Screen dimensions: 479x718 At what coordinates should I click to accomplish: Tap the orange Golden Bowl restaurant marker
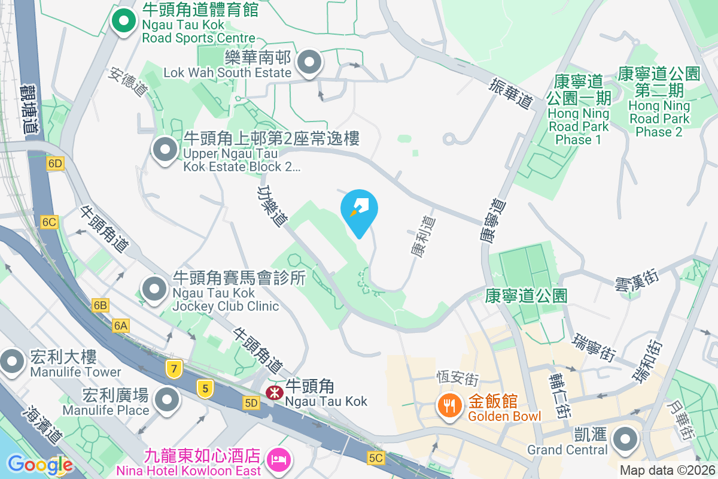click(x=448, y=405)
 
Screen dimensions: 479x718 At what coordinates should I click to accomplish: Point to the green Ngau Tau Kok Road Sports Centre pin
click(x=124, y=22)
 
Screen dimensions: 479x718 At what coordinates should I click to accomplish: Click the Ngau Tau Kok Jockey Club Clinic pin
click(x=155, y=289)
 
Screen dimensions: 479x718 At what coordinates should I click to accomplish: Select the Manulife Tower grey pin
click(x=12, y=361)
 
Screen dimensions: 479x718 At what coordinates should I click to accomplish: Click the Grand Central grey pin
click(x=626, y=439)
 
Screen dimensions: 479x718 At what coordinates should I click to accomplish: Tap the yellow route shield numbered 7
click(x=174, y=369)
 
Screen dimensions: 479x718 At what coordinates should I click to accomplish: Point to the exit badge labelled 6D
click(x=56, y=163)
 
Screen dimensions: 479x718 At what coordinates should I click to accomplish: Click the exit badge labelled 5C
click(x=376, y=458)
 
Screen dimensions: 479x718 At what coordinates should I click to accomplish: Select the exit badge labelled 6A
click(x=120, y=325)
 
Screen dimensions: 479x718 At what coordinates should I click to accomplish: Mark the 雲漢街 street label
click(x=636, y=280)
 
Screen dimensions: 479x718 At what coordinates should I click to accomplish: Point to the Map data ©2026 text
click(x=667, y=471)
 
